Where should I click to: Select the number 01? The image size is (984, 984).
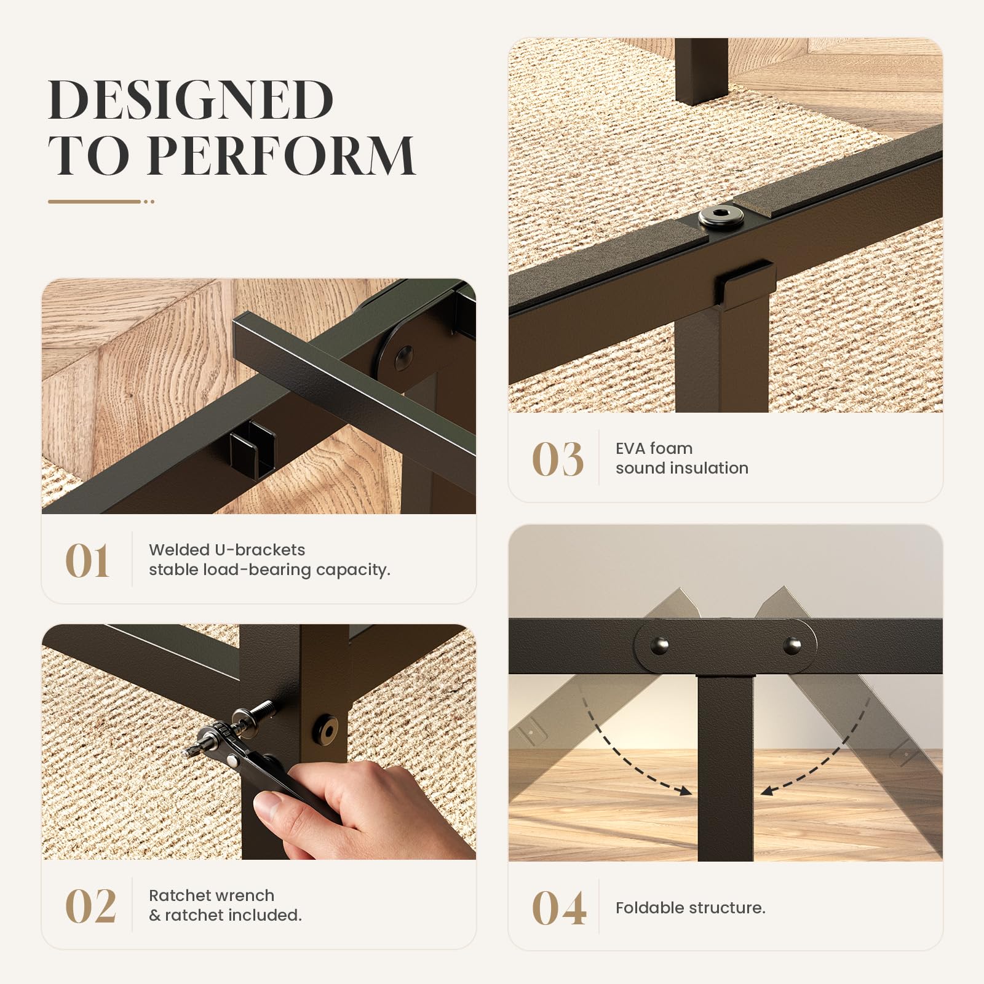87,560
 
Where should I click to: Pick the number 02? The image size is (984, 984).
90,906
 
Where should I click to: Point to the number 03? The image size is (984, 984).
557,459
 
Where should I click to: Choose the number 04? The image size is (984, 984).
558,908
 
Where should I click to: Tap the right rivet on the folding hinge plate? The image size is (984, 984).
792,645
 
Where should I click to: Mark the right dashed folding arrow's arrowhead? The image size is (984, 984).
769,790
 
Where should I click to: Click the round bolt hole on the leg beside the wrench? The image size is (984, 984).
327,730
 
